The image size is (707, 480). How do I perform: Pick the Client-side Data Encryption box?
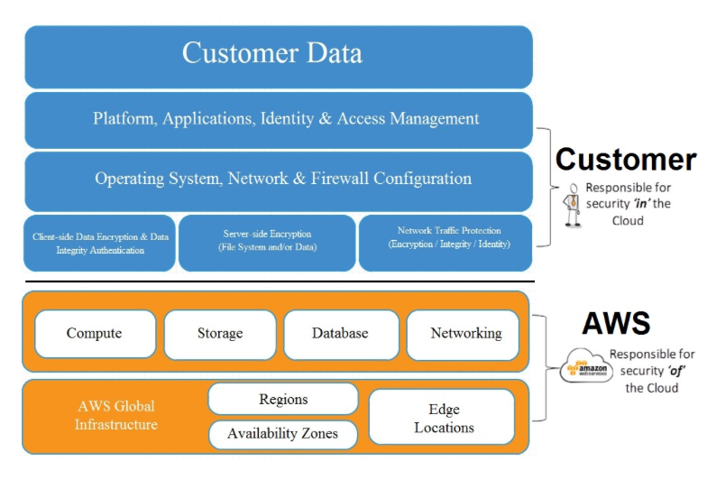click(100, 244)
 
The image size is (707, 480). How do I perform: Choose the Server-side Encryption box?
click(267, 242)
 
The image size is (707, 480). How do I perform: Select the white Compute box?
click(94, 334)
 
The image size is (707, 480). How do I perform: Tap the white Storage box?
click(220, 334)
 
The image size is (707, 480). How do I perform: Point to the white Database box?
click(340, 334)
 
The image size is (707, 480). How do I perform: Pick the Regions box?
click(283, 400)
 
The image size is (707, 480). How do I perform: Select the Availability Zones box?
click(282, 434)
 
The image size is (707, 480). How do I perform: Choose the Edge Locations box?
click(443, 418)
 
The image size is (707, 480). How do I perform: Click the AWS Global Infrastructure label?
click(115, 415)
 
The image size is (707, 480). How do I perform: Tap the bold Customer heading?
click(625, 161)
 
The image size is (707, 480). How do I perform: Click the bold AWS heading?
click(616, 323)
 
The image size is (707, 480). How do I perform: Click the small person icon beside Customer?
click(571, 205)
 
